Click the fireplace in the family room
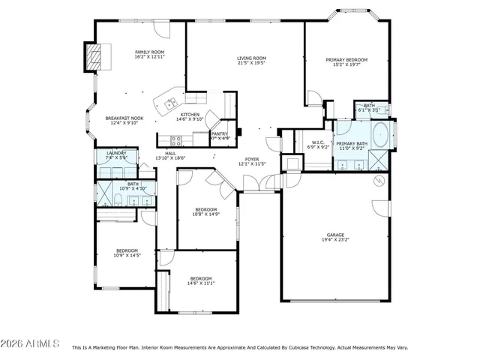93,55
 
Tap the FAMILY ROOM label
149,52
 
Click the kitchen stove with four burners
177,139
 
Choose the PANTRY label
219,133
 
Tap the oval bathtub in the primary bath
380,134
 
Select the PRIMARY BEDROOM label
346,59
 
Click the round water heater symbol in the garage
379,181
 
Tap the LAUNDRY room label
116,153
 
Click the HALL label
171,153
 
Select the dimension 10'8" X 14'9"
205,214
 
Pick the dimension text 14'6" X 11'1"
201,283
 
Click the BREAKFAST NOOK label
124,118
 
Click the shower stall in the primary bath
379,159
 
